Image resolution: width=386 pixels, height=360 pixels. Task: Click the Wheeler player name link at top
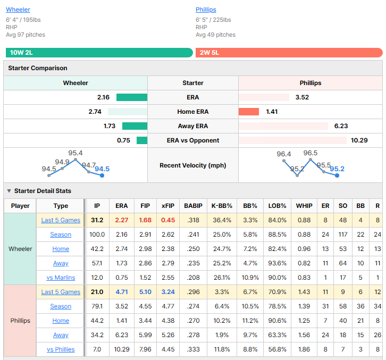pos(18,10)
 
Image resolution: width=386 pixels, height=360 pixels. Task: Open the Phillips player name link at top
pos(206,10)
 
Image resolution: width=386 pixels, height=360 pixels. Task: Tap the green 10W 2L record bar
pos(99,53)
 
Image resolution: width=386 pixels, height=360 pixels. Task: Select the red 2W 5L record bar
pos(289,53)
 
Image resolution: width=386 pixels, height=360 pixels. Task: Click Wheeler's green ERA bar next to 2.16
pos(132,97)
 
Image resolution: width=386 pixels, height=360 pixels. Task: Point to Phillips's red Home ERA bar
pos(249,112)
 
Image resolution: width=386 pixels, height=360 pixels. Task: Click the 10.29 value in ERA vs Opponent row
pos(359,140)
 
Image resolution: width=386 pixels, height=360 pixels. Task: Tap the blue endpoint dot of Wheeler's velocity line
pos(102,175)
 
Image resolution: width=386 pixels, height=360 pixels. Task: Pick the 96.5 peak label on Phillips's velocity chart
pos(310,153)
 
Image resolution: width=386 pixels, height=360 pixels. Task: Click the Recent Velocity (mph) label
pos(193,165)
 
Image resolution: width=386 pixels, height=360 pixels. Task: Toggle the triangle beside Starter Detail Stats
pos(9,191)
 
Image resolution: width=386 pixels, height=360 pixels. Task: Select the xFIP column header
pos(168,206)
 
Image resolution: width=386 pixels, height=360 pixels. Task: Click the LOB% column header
pos(277,206)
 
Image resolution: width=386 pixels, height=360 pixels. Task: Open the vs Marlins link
pos(61,278)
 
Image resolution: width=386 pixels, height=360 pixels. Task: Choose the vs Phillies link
pos(61,349)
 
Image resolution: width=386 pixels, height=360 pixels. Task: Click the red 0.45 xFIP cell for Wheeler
pos(168,220)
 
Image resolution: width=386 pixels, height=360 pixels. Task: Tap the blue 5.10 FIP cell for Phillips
pos(145,292)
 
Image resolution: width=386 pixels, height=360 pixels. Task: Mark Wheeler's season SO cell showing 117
pos(343,235)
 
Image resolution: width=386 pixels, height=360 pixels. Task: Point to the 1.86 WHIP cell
pos(304,349)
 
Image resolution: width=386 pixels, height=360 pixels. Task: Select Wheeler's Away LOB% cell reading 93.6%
pos(277,263)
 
